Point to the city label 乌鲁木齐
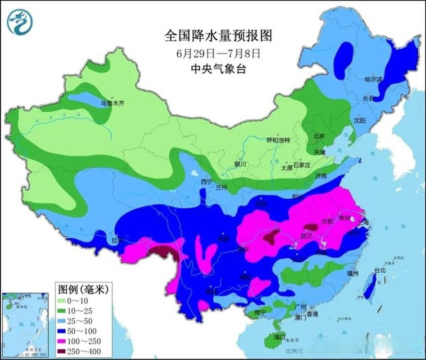coord(112,103)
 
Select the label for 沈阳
coord(359,121)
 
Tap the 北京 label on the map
coord(319,136)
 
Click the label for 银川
coord(240,164)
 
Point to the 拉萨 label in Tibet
coord(117,241)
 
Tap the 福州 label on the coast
coord(353,273)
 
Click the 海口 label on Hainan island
coord(280,337)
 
